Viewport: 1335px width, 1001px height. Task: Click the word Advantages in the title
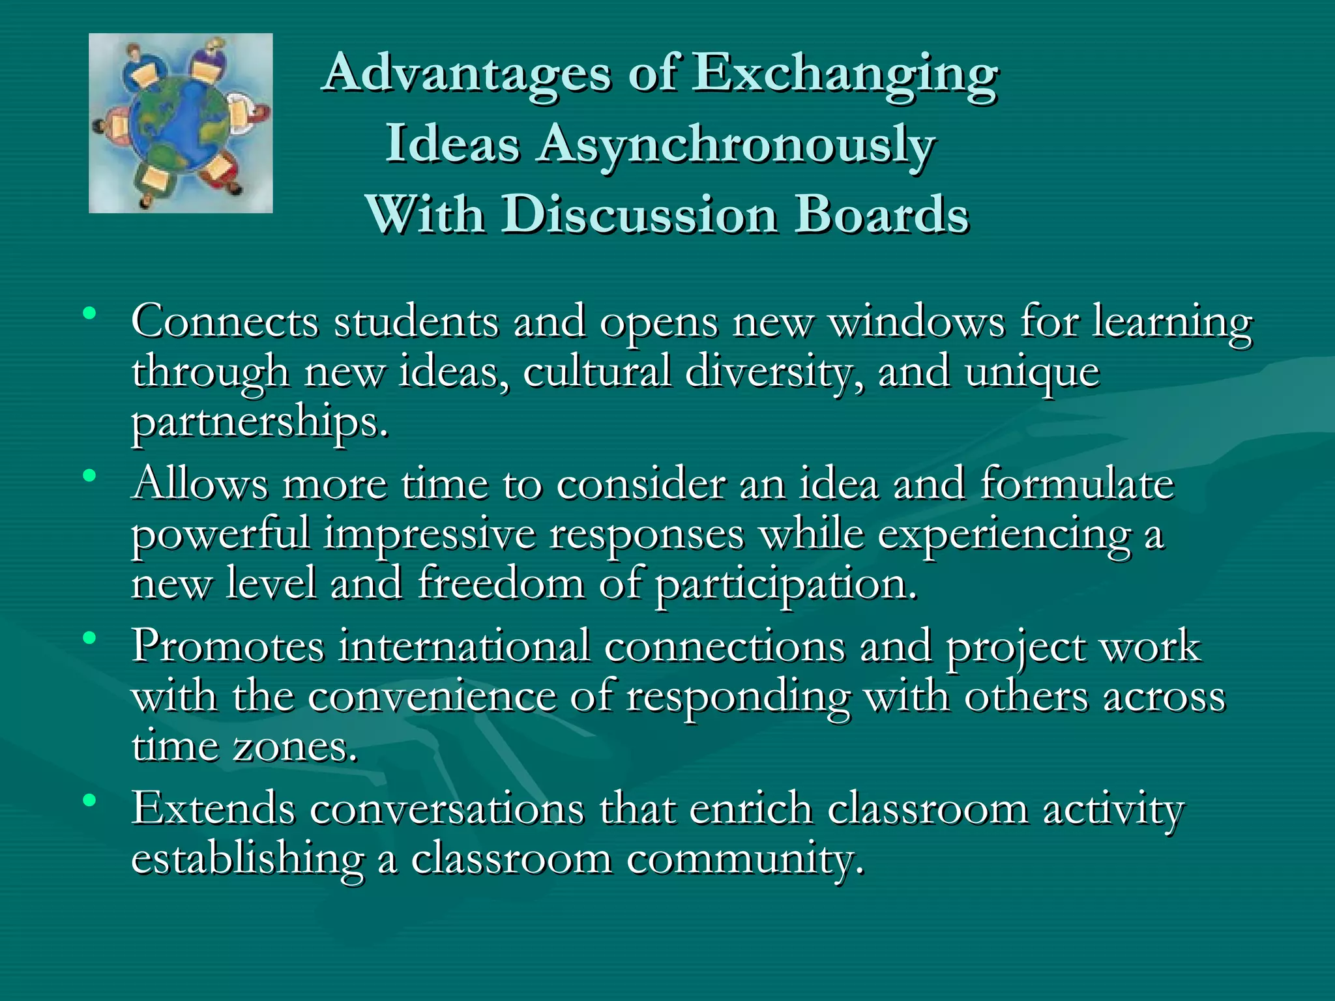click(x=467, y=73)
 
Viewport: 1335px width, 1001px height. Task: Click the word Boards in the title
click(x=881, y=214)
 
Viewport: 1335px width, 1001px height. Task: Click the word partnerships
click(x=259, y=424)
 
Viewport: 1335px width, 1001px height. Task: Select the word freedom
click(x=501, y=583)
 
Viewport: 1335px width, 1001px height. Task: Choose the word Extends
click(x=214, y=809)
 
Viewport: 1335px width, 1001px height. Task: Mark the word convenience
click(x=432, y=697)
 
